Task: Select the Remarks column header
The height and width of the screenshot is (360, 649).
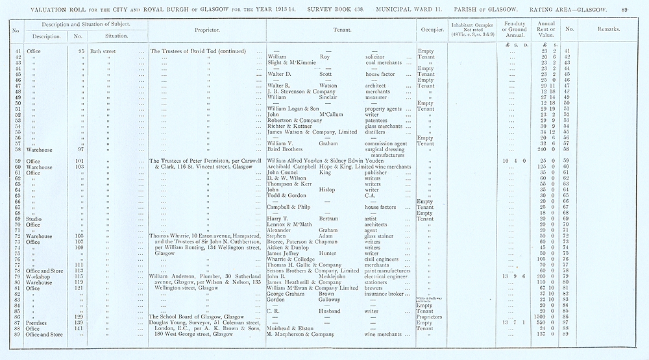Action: pyautogui.click(x=610, y=30)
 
